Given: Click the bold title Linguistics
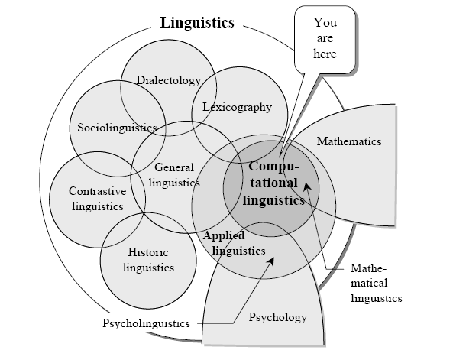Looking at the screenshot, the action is (197, 23).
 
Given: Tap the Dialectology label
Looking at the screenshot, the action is (169, 80).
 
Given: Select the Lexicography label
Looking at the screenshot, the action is (237, 107).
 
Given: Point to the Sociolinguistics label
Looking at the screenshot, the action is (117, 128).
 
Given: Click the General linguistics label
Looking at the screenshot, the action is (174, 175).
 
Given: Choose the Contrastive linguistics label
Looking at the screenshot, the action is (98, 199).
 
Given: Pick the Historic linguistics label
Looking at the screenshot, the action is (148, 260).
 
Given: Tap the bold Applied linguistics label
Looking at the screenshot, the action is (234, 243).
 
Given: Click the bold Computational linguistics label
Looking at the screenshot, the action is (273, 183).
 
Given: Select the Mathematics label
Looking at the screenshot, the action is (349, 141).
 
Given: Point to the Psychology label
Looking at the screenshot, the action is (278, 317).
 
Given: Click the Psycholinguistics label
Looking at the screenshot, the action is (146, 323).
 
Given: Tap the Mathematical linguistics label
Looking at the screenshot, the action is (376, 283).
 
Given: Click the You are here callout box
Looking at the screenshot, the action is (325, 40).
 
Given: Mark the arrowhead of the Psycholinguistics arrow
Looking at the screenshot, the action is (271, 261).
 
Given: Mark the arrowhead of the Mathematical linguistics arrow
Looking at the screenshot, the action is (307, 186).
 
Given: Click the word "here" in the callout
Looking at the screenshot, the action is (325, 54).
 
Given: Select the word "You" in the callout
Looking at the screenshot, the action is (325, 23).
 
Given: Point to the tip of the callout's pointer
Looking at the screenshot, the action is (280, 157).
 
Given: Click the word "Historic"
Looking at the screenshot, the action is (148, 252).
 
